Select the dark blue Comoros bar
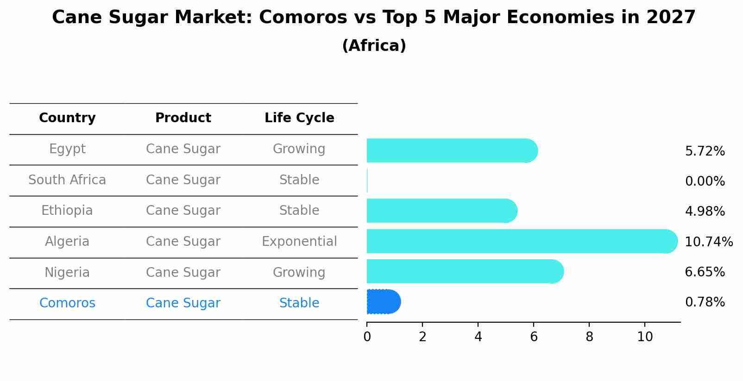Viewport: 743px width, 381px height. [x=383, y=302]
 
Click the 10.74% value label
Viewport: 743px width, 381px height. [x=708, y=242]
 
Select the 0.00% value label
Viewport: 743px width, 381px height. [x=705, y=181]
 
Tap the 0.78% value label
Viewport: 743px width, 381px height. [x=705, y=302]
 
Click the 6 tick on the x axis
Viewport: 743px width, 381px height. [x=534, y=337]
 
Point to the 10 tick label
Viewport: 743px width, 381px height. [x=645, y=337]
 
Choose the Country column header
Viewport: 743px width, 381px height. [x=67, y=118]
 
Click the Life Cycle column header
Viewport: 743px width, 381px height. [x=299, y=118]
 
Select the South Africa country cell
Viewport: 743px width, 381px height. [x=67, y=180]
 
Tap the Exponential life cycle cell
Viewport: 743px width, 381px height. [x=299, y=242]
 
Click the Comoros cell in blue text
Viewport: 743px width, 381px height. [x=67, y=303]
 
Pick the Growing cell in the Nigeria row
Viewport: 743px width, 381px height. [x=299, y=273]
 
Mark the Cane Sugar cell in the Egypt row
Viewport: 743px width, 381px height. [x=183, y=149]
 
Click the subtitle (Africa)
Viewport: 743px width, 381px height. [x=374, y=46]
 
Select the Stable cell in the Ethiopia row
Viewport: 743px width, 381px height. [x=299, y=211]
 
